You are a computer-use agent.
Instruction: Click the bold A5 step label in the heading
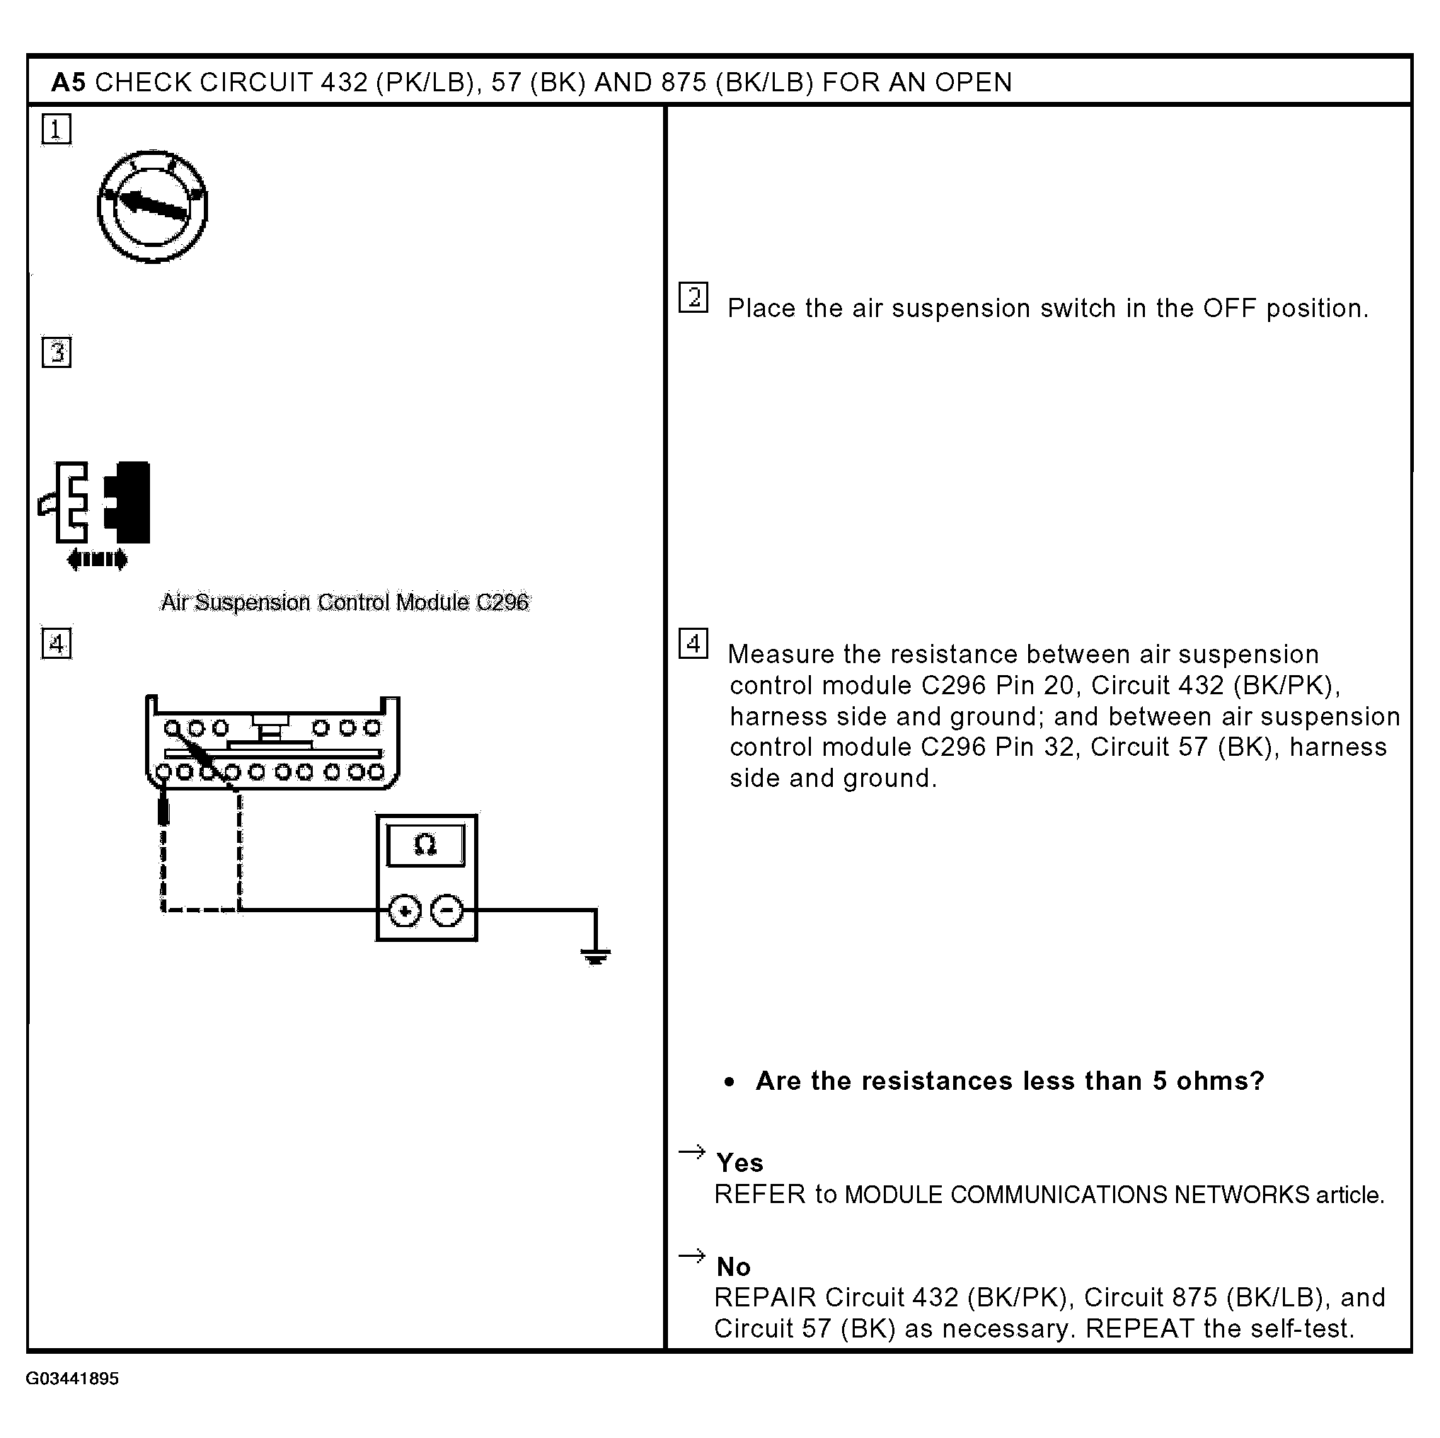tap(68, 82)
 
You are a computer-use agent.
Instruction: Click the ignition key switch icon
tap(153, 206)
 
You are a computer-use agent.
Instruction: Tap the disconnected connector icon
tap(96, 502)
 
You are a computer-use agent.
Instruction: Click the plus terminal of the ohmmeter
tap(405, 911)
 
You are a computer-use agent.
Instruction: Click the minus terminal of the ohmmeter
tap(447, 911)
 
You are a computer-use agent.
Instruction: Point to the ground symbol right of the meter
tap(595, 955)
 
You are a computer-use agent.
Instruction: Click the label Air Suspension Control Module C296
tap(345, 602)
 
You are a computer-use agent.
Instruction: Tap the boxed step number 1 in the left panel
tap(57, 130)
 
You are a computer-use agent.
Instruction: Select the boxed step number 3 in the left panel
tap(57, 352)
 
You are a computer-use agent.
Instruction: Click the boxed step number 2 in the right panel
tap(693, 297)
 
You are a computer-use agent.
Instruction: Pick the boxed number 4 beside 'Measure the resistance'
tap(693, 643)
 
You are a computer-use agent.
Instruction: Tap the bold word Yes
tap(739, 1163)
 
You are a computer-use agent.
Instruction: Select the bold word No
tap(733, 1267)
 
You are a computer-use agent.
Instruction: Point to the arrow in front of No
tap(691, 1256)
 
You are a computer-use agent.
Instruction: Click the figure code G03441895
tap(72, 1379)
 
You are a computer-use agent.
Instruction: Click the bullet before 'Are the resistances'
tap(730, 1083)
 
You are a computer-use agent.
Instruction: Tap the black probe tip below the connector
tap(163, 810)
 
